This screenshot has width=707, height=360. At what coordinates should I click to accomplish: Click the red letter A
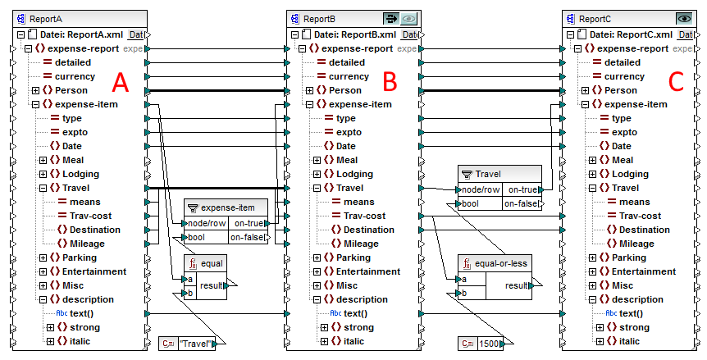pos(121,82)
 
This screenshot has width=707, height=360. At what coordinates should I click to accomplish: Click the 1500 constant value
pos(489,344)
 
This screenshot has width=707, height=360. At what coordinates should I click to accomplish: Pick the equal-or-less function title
pos(498,263)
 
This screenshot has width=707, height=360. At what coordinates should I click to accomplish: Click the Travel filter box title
pos(487,174)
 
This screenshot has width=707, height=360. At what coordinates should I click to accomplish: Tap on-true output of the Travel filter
pos(522,189)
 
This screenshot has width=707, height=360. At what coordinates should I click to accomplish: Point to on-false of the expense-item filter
pos(247,237)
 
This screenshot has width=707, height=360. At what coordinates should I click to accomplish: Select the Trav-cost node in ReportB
pos(364,216)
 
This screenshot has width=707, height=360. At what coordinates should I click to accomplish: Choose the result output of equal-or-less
pos(517,285)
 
